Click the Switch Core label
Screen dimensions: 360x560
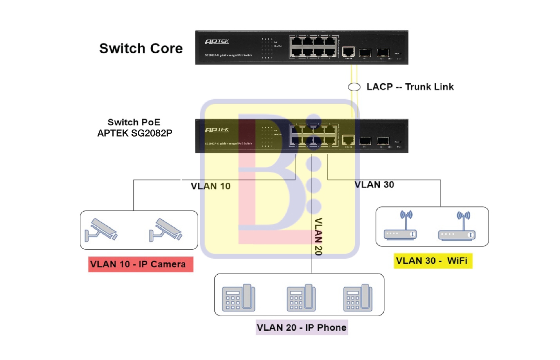[141, 49]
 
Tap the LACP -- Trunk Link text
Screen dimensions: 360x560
[410, 87]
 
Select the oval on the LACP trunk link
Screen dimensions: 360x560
[354, 87]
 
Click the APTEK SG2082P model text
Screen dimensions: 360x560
[135, 133]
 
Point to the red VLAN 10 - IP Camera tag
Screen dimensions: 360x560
[141, 265]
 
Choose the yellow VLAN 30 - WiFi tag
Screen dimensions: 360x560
[433, 261]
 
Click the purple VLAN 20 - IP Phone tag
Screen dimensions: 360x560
[302, 328]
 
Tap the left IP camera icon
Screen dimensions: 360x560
[101, 230]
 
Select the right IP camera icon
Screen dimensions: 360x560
[166, 230]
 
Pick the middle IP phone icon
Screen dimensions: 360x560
[301, 298]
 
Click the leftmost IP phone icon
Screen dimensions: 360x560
[238, 298]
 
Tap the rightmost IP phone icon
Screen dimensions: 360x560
[358, 298]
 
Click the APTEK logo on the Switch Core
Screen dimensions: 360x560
[217, 41]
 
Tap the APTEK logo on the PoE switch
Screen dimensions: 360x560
[217, 130]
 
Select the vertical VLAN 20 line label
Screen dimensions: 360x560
[318, 237]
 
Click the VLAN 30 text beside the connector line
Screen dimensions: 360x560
[374, 185]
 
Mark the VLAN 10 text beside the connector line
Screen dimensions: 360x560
[211, 186]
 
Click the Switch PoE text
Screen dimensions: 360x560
[134, 122]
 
